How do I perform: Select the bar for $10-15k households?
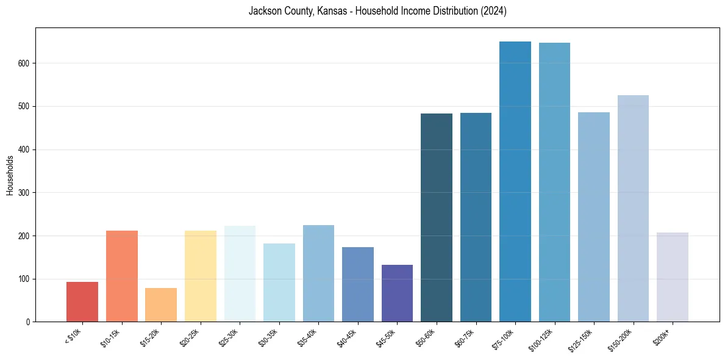pos(122,276)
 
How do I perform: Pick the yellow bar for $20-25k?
pos(201,276)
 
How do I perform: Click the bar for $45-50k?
pos(397,293)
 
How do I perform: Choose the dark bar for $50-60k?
pos(437,217)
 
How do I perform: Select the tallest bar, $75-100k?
pos(515,181)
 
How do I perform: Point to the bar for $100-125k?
pos(554,182)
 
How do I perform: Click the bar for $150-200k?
pos(633,208)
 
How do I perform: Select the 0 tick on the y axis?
pos(28,322)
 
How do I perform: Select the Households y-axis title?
pos(10,175)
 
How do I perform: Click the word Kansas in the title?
pos(332,11)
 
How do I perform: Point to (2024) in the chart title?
pos(494,11)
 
